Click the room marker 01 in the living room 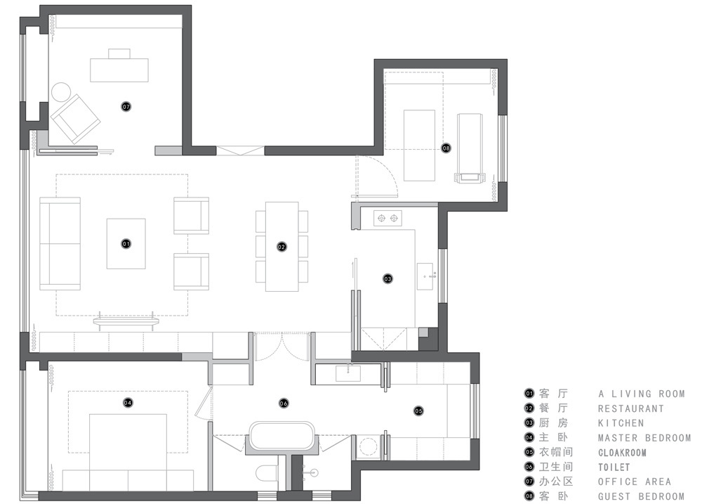pos(126,244)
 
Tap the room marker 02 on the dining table pos(282,247)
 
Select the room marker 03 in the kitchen pos(388,279)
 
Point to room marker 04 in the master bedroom pos(128,403)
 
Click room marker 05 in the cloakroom pos(418,411)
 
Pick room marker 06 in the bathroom pos(284,403)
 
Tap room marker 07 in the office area pos(126,107)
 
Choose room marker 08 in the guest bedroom pos(446,148)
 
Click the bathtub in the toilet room pos(282,435)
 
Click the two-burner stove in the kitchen pos(388,219)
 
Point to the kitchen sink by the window pos(425,276)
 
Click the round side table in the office pos(61,93)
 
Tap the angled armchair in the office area pos(75,118)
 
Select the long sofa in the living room pos(60,243)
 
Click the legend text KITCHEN pos(621,423)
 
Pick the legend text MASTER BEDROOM pos(644,438)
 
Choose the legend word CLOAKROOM pos(622,453)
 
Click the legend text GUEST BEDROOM pos(641,496)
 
